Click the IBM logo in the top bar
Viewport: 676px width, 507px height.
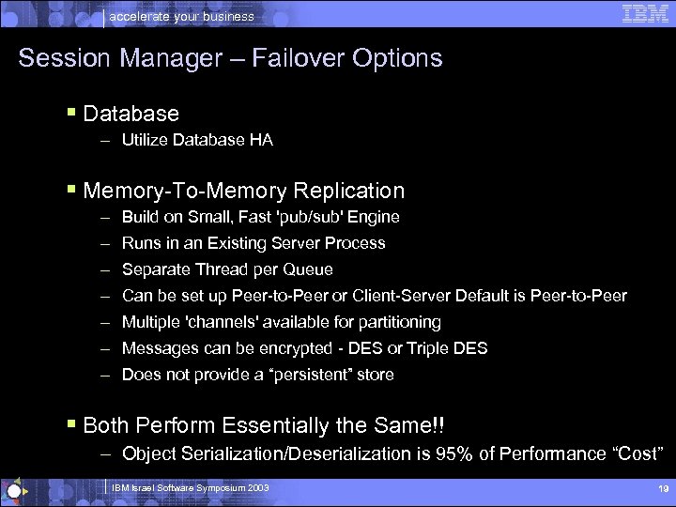(645, 13)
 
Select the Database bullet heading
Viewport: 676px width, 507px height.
(131, 114)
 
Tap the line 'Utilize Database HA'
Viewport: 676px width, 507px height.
(197, 140)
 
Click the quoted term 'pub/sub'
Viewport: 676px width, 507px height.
(296, 217)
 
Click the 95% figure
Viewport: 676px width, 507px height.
(453, 453)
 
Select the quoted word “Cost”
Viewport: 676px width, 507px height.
(638, 453)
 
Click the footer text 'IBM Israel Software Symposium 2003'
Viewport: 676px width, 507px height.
(190, 488)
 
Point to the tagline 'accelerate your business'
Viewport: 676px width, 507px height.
(182, 16)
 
